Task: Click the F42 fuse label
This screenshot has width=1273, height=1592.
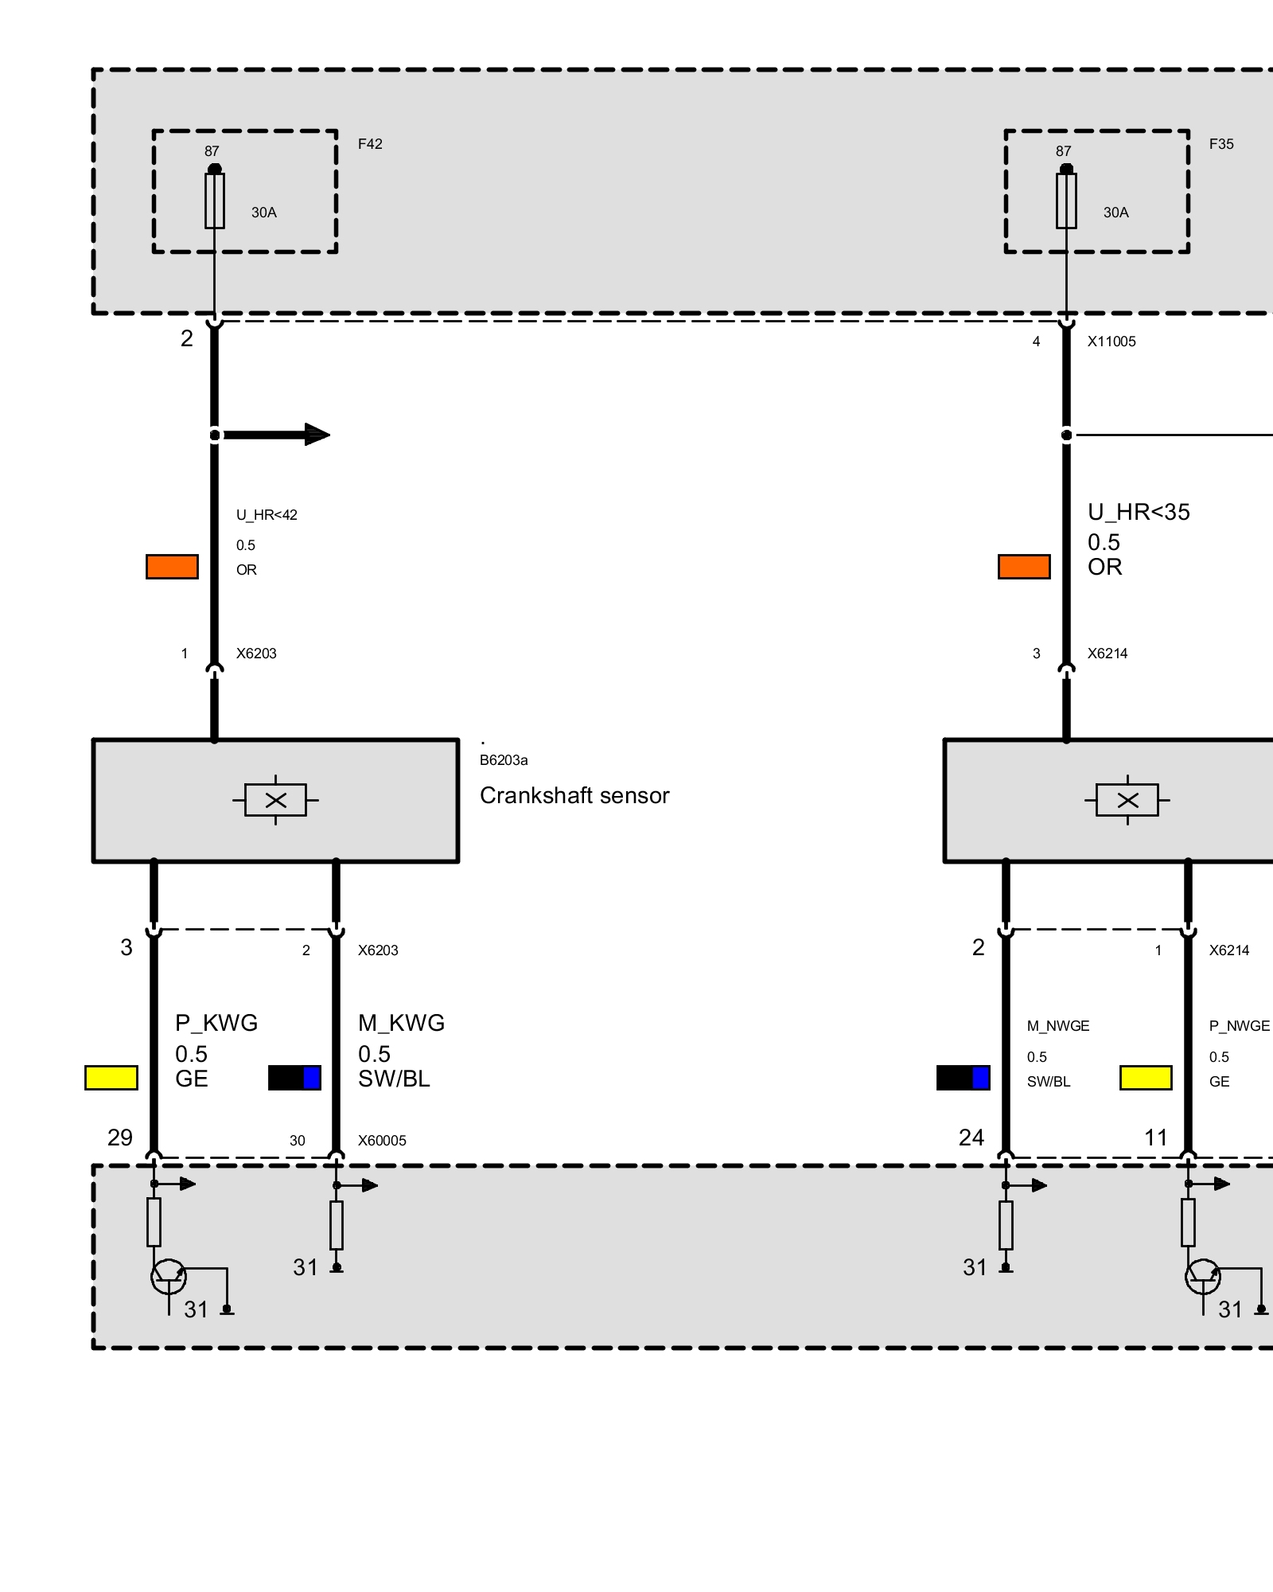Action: pyautogui.click(x=370, y=144)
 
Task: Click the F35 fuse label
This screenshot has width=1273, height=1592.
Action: pyautogui.click(x=1221, y=144)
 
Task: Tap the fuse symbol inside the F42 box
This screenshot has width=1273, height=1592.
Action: pyautogui.click(x=215, y=201)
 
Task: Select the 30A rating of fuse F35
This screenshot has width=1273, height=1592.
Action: pyautogui.click(x=1115, y=213)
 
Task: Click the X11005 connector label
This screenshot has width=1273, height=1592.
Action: pyautogui.click(x=1111, y=341)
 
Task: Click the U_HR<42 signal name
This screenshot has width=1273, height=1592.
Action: pyautogui.click(x=267, y=515)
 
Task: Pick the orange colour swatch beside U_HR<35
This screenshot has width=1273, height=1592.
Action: pyautogui.click(x=1024, y=567)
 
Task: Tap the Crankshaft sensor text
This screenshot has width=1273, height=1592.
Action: pyautogui.click(x=574, y=795)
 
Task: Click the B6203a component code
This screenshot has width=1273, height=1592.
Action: pyautogui.click(x=504, y=760)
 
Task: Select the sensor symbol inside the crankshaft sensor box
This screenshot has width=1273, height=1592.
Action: pyautogui.click(x=275, y=800)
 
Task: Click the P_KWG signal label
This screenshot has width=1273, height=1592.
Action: pyautogui.click(x=216, y=1023)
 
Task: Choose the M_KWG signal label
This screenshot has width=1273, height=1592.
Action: pyautogui.click(x=401, y=1023)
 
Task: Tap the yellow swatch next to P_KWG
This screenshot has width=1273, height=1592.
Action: pyautogui.click(x=111, y=1078)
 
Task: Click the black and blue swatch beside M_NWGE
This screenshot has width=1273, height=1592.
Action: pyautogui.click(x=963, y=1078)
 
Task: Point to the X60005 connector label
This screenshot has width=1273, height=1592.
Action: pyautogui.click(x=382, y=1141)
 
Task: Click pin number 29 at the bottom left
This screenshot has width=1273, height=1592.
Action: pyautogui.click(x=120, y=1138)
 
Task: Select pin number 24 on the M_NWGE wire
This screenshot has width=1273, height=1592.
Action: pyautogui.click(x=971, y=1138)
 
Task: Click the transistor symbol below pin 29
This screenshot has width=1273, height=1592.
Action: pyautogui.click(x=168, y=1278)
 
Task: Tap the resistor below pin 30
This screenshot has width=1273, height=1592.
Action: pyautogui.click(x=337, y=1225)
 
